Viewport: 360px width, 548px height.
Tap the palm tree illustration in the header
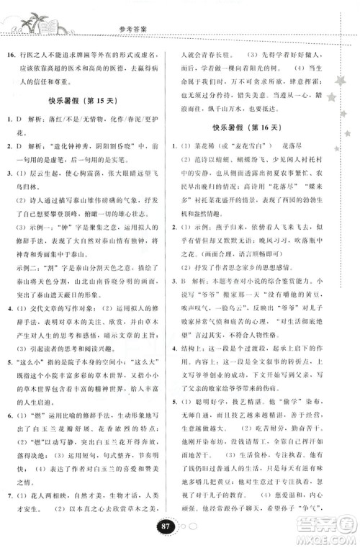pos(29,21)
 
